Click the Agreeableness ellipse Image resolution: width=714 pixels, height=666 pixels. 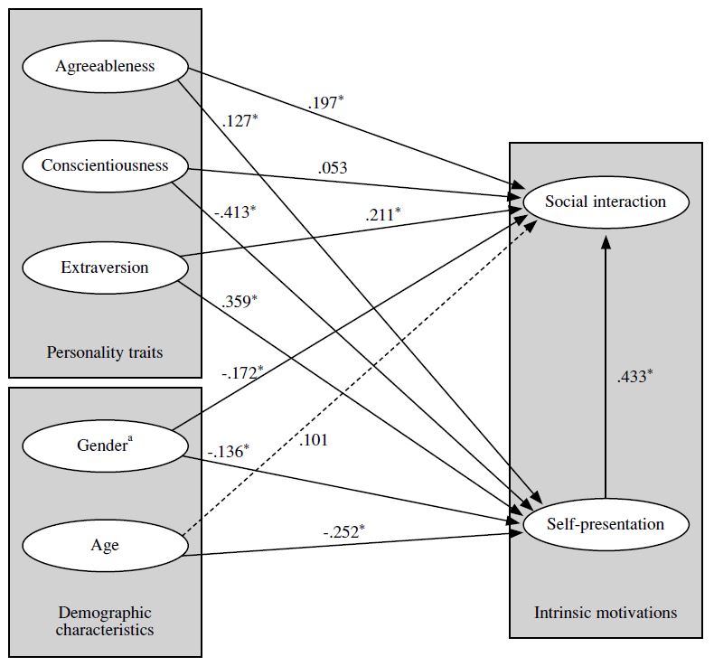click(105, 67)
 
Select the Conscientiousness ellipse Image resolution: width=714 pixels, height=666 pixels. click(105, 166)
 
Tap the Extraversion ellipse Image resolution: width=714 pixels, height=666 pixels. click(105, 267)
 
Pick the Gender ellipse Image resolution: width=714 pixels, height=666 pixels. click(105, 446)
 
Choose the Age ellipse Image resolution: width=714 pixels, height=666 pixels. click(105, 545)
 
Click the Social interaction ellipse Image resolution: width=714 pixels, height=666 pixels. click(605, 202)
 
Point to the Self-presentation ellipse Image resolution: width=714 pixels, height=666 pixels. click(605, 524)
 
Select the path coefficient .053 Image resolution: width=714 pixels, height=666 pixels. click(332, 168)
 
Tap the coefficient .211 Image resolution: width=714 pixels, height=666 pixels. click(382, 214)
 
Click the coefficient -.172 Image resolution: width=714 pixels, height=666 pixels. click(241, 371)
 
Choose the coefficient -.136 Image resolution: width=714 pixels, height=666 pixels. click(227, 451)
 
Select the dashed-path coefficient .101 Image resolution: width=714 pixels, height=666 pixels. click(311, 441)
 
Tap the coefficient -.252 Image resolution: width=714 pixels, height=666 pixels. click(343, 531)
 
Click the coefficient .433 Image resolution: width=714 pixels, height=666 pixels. click(630, 376)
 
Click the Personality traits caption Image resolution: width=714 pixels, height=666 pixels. click(105, 352)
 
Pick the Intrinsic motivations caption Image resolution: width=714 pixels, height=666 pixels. click(605, 613)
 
